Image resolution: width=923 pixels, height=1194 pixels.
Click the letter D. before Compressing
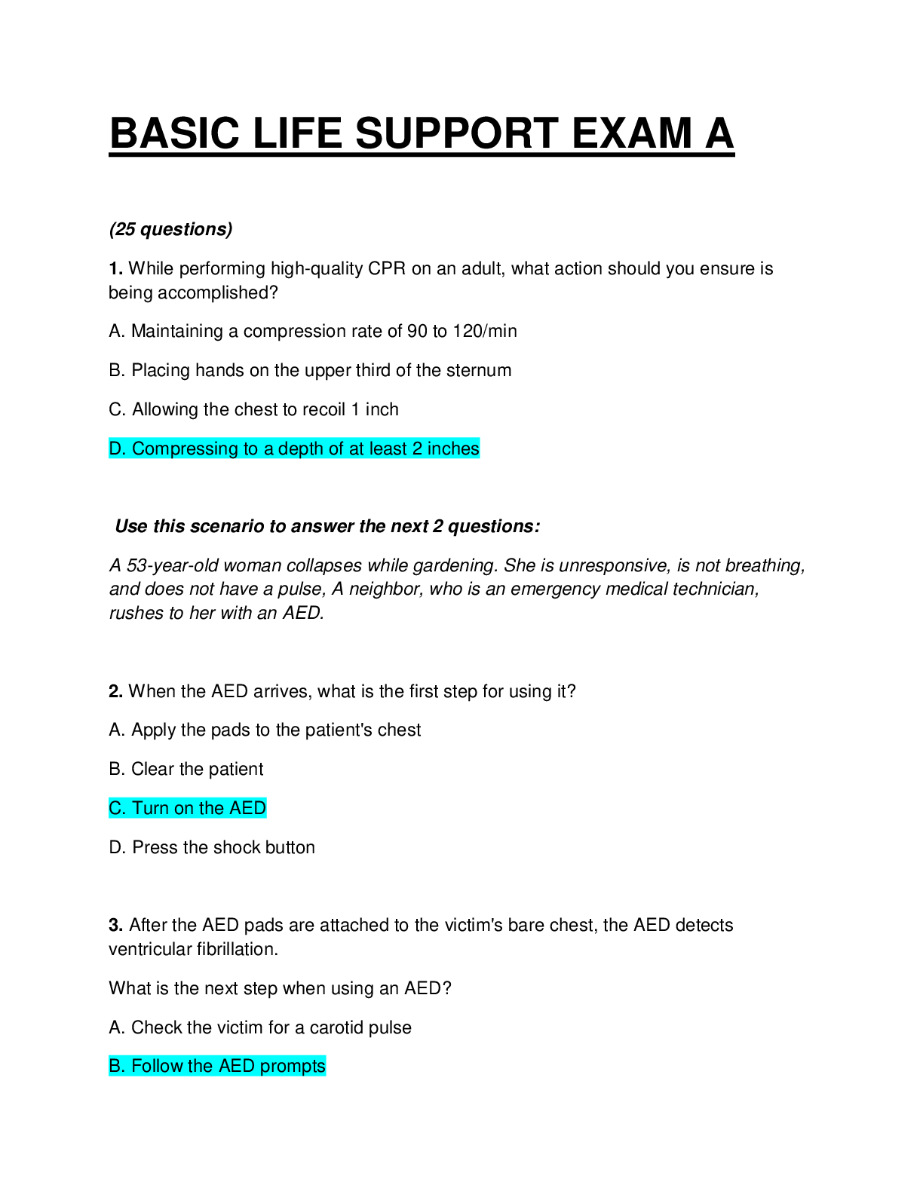click(118, 449)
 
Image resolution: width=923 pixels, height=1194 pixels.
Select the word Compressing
click(185, 449)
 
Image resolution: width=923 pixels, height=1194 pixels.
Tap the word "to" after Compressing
click(250, 449)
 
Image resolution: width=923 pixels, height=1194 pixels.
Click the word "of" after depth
click(336, 449)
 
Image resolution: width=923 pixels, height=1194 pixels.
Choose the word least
click(388, 449)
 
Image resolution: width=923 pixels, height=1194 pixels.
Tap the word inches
click(453, 449)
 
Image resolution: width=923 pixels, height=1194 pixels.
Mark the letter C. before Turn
click(118, 808)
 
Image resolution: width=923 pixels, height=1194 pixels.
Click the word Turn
click(151, 808)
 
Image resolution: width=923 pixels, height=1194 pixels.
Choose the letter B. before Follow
click(118, 1066)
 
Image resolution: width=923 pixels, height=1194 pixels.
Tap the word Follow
click(158, 1066)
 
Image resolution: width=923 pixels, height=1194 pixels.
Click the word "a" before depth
click(268, 449)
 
